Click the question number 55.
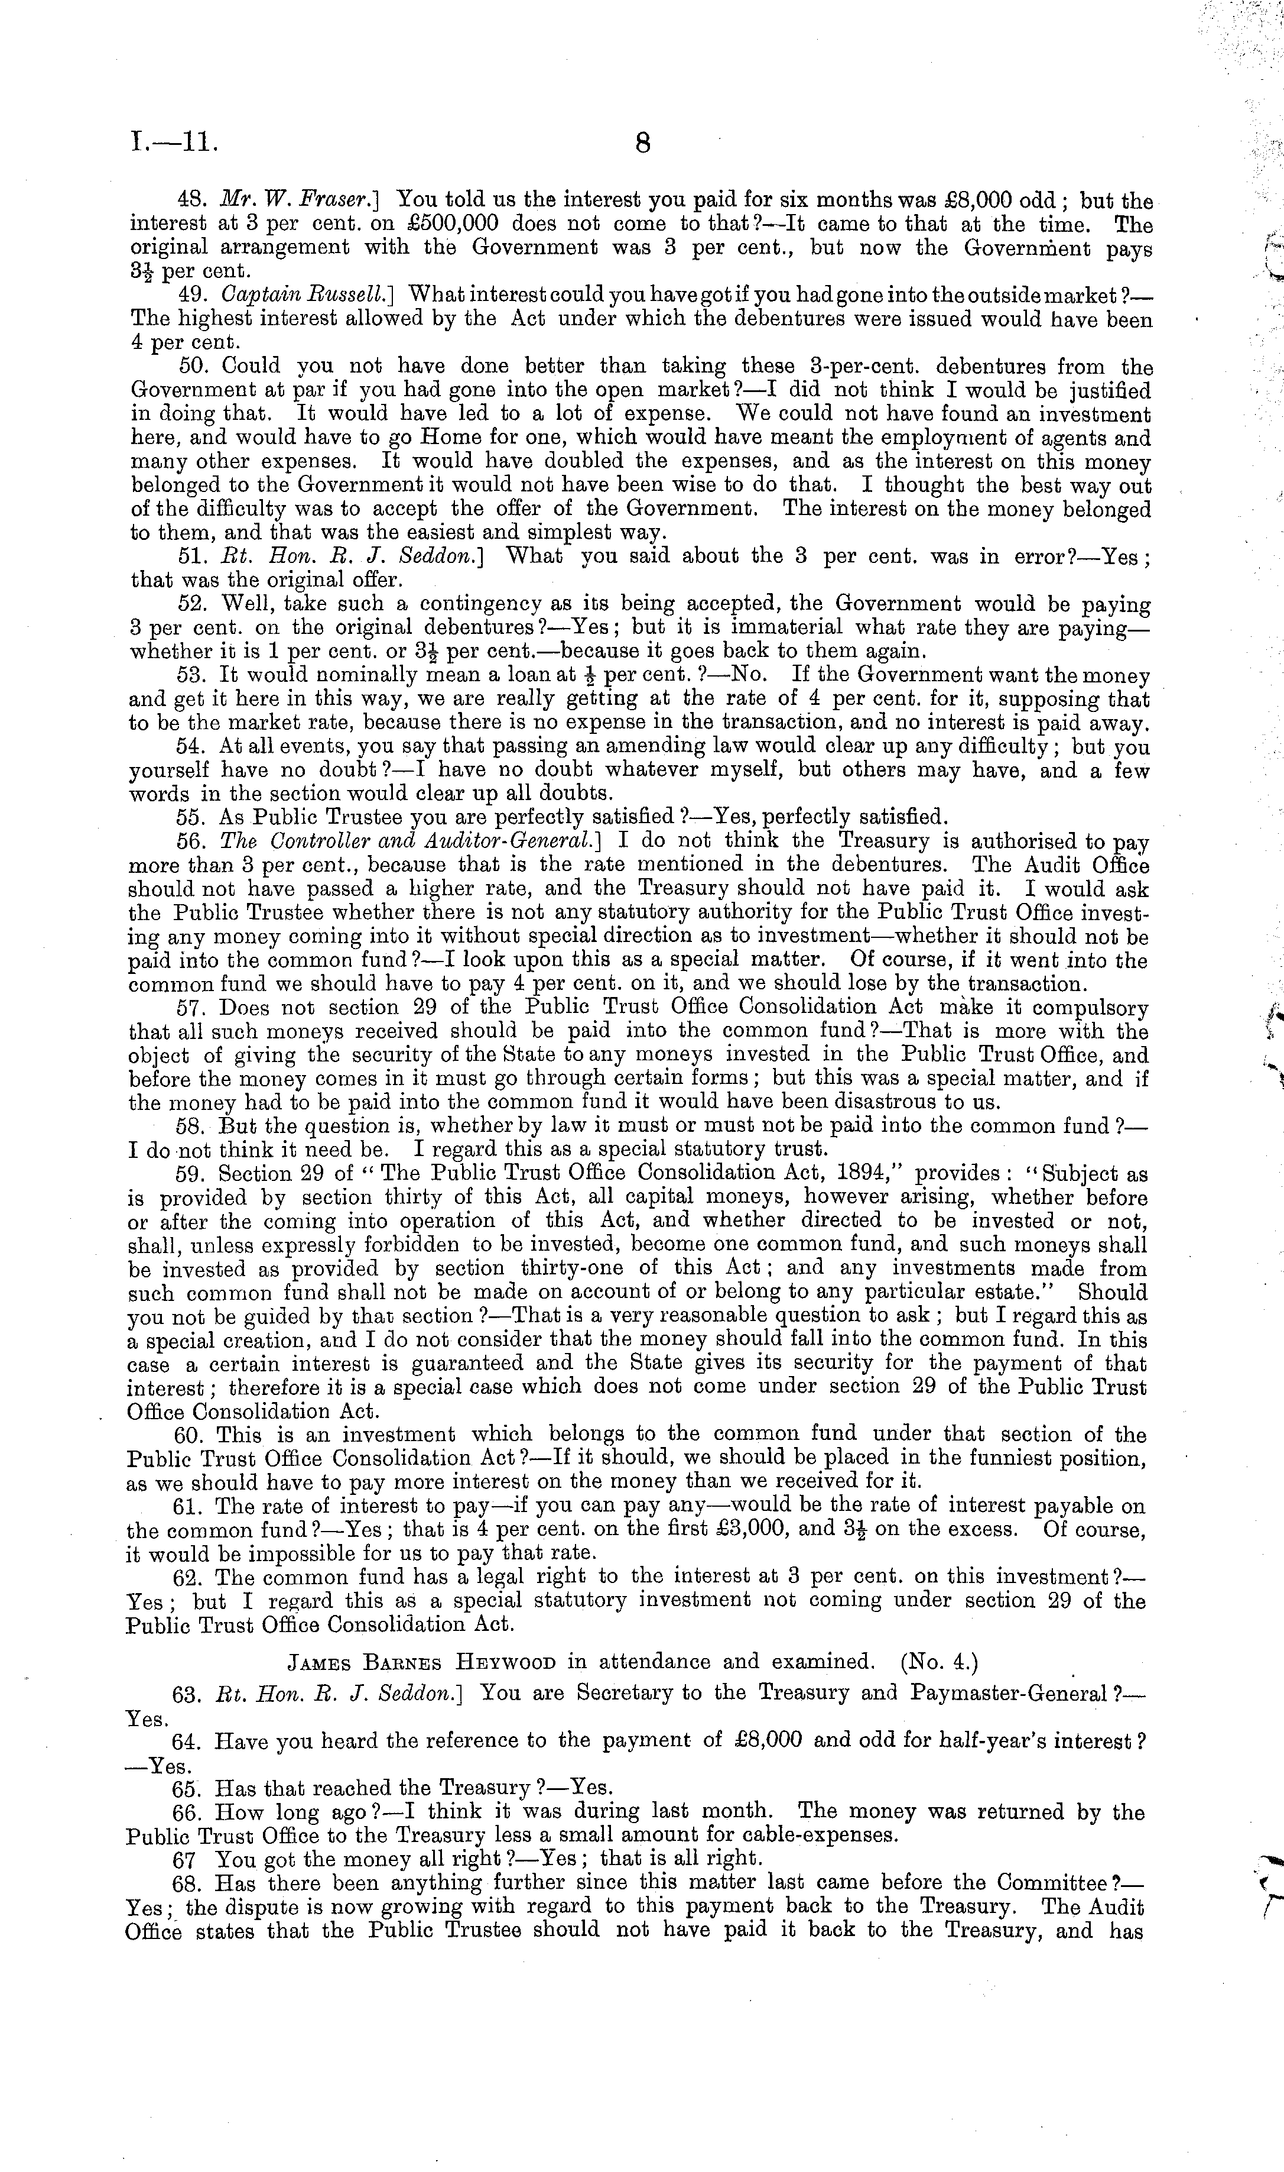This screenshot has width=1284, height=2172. pos(188,816)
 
